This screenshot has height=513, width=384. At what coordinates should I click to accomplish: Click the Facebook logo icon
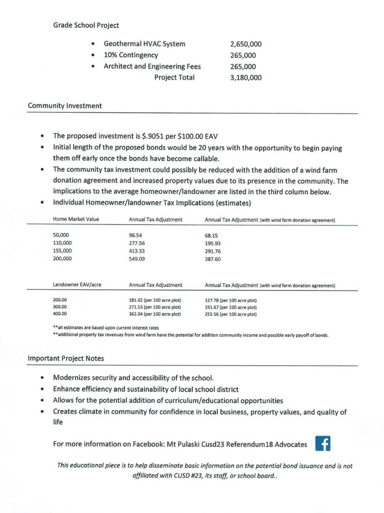[x=323, y=443]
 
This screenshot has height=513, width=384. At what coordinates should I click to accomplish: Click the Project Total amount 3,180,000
[x=246, y=78]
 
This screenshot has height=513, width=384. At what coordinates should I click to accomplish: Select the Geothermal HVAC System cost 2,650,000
[x=246, y=44]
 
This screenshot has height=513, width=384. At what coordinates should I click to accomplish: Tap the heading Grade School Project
[x=86, y=25]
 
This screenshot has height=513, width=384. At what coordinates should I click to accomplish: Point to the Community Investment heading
[x=65, y=106]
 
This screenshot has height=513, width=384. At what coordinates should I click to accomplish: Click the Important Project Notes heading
[x=66, y=358]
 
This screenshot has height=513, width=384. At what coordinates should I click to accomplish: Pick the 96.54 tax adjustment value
[x=135, y=235]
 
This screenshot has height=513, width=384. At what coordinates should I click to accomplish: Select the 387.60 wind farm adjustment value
[x=213, y=259]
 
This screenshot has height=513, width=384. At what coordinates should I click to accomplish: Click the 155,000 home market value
[x=62, y=251]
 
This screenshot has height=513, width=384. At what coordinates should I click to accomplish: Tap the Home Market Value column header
[x=76, y=219]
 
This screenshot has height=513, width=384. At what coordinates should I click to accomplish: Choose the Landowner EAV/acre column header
[x=77, y=284]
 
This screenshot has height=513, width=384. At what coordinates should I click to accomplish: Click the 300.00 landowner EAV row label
[x=60, y=307]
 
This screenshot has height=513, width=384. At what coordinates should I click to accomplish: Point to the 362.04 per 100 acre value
[x=155, y=314]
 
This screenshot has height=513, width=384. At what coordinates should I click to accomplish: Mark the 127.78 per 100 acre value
[x=231, y=300]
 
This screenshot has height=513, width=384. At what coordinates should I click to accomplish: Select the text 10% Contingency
[x=131, y=55]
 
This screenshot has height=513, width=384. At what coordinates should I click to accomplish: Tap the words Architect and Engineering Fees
[x=152, y=66]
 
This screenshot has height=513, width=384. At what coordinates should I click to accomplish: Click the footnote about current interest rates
[x=106, y=328]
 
